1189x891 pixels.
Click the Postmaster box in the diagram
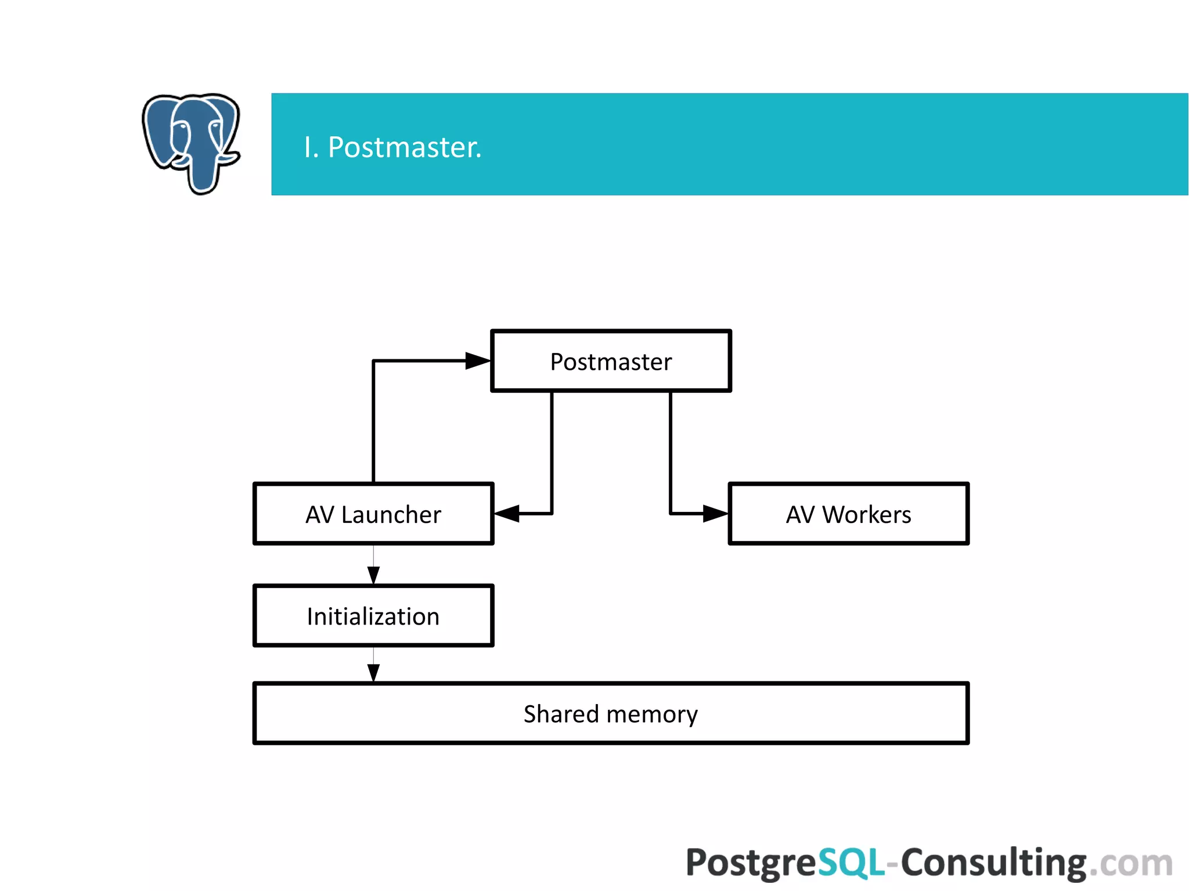coord(611,361)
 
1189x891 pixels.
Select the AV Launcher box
coord(373,514)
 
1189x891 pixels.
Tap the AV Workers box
coord(848,514)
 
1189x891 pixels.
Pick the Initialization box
coord(373,616)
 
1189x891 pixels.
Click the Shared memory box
coord(611,713)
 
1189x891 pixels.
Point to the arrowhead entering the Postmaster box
coord(478,361)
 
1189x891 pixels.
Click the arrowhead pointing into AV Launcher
coord(507,514)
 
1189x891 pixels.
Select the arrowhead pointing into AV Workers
coord(715,514)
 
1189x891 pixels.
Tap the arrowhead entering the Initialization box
coord(373,575)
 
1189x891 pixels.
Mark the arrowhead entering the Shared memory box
coord(373,672)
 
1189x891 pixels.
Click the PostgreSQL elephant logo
coord(191,142)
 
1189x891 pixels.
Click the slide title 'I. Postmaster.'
coord(392,147)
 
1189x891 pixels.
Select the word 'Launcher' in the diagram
coord(391,515)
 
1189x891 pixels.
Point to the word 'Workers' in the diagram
coord(867,515)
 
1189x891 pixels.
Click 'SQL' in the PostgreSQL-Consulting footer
coord(851,863)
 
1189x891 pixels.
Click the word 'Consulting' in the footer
coord(993,863)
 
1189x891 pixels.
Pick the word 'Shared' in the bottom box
coord(561,714)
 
